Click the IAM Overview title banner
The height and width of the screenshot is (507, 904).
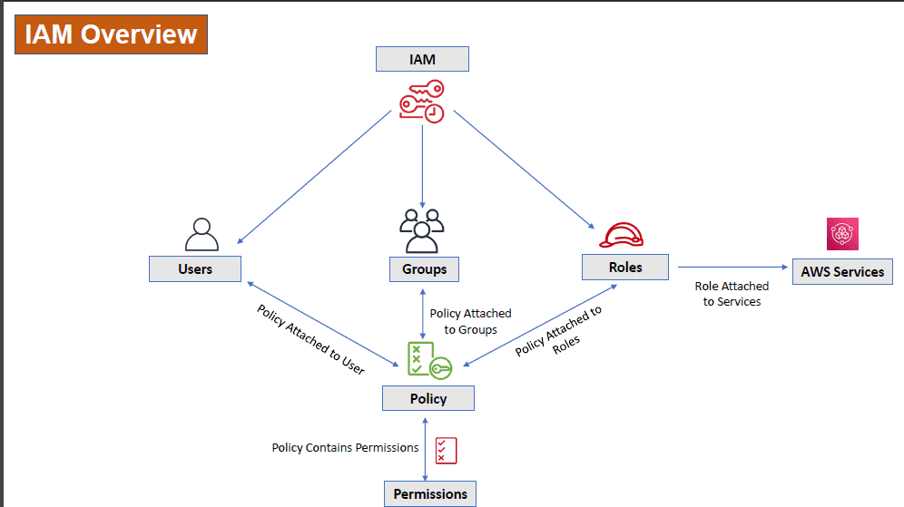click(111, 34)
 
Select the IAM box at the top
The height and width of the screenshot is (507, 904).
click(422, 59)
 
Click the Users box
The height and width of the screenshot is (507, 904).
click(195, 268)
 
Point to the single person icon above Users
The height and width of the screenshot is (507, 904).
click(201, 234)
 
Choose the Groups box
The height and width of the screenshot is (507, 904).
click(424, 269)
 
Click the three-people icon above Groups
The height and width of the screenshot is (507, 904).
click(422, 231)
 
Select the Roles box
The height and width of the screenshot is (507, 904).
click(625, 267)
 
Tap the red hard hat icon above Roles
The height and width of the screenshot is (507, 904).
click(622, 235)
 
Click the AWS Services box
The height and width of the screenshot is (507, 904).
click(842, 271)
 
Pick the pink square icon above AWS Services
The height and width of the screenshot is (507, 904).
click(842, 234)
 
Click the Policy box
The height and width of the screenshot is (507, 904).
click(427, 398)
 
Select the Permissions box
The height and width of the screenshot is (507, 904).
click(430, 494)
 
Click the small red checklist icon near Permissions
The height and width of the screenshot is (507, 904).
click(446, 450)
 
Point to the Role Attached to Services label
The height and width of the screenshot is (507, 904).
click(732, 294)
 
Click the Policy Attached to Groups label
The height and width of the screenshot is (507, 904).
click(470, 321)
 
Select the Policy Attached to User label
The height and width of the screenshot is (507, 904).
click(310, 340)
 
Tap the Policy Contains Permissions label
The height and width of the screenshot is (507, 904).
click(345, 448)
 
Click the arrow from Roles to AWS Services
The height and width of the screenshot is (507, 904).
click(732, 267)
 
